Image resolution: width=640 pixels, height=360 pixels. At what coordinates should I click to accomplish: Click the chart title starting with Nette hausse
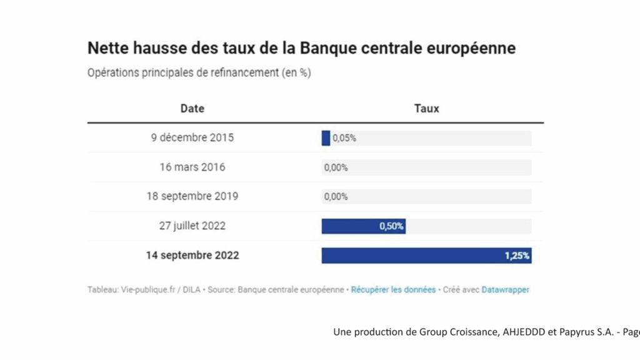coord(301,48)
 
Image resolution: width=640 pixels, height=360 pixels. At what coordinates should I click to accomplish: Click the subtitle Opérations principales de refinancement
coord(199,72)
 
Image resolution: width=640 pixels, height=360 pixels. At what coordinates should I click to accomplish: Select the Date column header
coord(192,108)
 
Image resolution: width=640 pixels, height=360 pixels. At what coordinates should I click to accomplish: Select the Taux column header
coord(426,108)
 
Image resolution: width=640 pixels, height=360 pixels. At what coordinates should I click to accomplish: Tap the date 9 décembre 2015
coord(192,138)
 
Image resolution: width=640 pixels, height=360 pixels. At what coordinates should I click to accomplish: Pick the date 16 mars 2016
coord(192,167)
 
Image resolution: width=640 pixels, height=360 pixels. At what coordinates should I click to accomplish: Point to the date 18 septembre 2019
coord(192,196)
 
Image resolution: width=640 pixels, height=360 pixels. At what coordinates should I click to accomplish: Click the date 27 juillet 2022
coord(192,226)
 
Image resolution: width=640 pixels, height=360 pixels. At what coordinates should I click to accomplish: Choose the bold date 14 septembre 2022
coord(192,256)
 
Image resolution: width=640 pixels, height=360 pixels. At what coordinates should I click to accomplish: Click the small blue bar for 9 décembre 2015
coord(326,138)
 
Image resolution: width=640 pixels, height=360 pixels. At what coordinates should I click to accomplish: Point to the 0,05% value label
coord(344,139)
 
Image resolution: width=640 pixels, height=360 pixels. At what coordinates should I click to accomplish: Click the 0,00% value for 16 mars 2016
coord(336,167)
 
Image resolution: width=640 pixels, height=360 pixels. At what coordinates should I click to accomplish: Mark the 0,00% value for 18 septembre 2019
coord(336,197)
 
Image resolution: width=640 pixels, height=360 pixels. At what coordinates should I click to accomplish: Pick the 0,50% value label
coord(392,226)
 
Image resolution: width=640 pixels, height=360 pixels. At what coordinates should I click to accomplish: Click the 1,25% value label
coord(517,256)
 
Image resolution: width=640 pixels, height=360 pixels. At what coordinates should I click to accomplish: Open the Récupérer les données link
coord(393,290)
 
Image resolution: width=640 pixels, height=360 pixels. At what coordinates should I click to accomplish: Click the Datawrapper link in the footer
coord(505,290)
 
